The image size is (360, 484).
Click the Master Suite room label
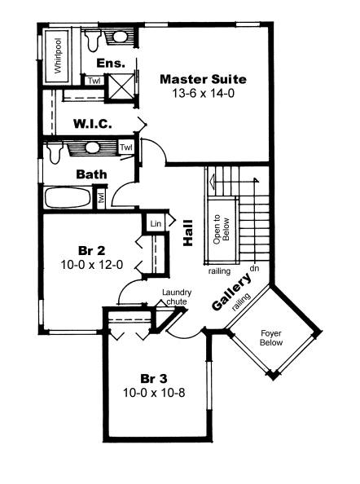point(204,79)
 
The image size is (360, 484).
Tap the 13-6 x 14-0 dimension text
point(204,93)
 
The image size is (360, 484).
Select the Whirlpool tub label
point(58,56)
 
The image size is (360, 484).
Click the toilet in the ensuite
point(92,40)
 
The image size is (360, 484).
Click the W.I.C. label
point(93,124)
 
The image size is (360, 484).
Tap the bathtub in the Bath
point(68,197)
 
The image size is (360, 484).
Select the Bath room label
point(91,174)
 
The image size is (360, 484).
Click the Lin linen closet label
point(156,223)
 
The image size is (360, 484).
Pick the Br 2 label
point(91,250)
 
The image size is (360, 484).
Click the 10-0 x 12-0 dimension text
point(91,265)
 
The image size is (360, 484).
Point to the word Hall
point(188,233)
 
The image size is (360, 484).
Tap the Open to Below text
point(222,229)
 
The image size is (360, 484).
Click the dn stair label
point(254,268)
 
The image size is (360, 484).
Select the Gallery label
point(231,292)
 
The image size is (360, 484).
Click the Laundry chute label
point(177,297)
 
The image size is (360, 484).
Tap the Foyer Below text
point(271,337)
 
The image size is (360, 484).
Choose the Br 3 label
point(154,378)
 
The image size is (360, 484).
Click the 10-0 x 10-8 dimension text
point(154,393)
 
